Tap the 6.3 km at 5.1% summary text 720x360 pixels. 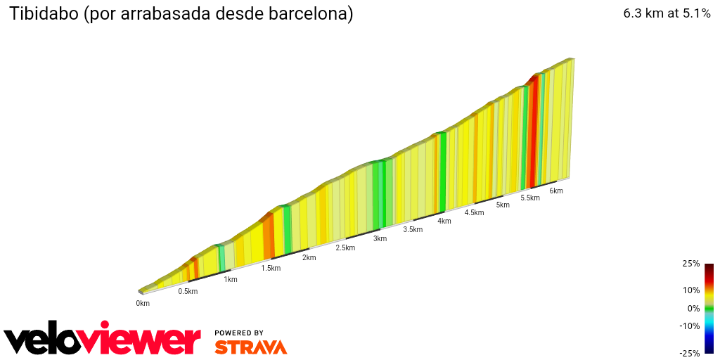[667, 13]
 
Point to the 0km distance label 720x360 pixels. [143, 303]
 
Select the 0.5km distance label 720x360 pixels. [188, 291]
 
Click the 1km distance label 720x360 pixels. [230, 279]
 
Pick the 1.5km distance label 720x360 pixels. [271, 268]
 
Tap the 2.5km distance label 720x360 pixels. [345, 247]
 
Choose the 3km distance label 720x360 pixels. [380, 238]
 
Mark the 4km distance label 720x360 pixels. [444, 221]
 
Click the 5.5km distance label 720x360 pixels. [530, 198]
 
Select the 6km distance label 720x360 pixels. [556, 191]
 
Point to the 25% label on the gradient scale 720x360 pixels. [690, 264]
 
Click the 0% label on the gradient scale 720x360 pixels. [693, 308]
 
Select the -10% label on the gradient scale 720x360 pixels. [689, 326]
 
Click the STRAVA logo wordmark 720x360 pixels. [250, 347]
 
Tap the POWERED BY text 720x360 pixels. [239, 333]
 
